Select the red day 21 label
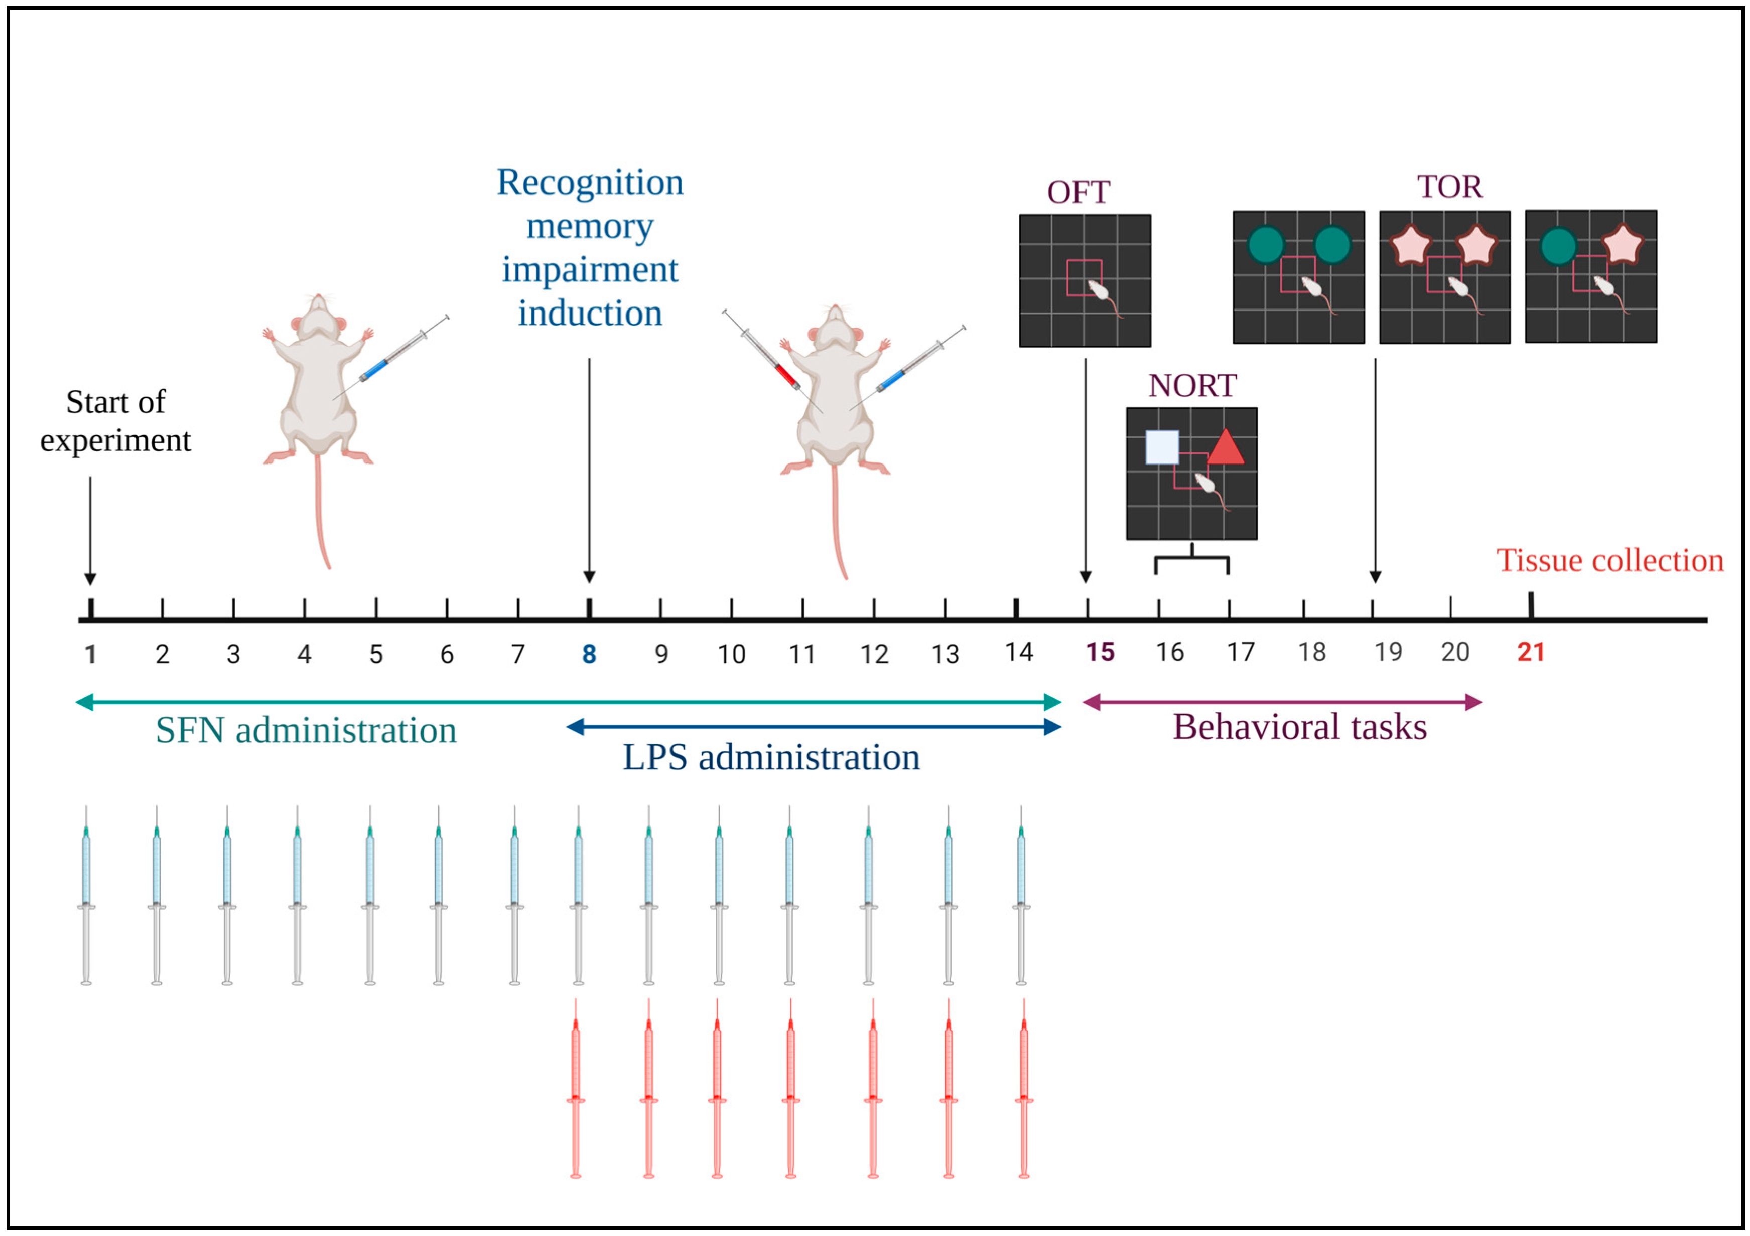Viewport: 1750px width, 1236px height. [1531, 652]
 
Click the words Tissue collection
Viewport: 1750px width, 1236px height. [1610, 560]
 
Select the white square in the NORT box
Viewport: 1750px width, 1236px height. [1162, 447]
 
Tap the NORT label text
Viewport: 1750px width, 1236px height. [1192, 386]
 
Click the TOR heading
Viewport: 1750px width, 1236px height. [1449, 187]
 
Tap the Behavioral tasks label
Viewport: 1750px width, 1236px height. [1299, 727]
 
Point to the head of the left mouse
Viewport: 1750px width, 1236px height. [317, 316]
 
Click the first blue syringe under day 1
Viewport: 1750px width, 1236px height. [86, 895]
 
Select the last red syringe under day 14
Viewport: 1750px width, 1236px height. [1024, 1090]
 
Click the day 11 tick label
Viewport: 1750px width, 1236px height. [802, 654]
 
